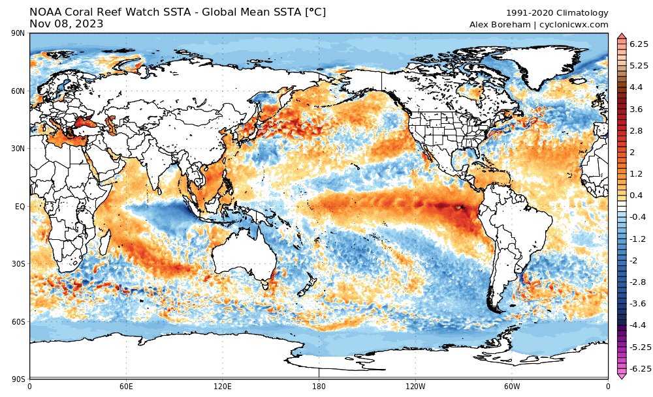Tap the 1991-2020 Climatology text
pos(557,13)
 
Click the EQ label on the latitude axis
pos(20,207)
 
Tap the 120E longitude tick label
pos(223,386)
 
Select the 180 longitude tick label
pos(319,386)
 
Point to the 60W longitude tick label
pos(511,386)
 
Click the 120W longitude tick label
pos(415,386)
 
